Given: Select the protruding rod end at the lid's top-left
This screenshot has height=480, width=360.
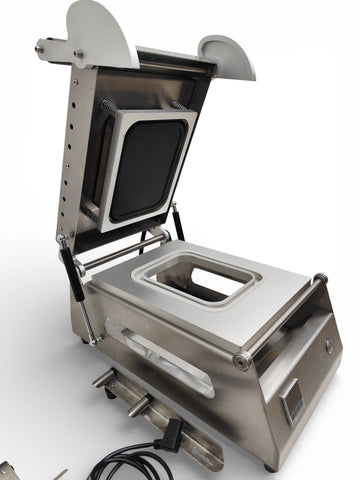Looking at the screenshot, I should point(42,46).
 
